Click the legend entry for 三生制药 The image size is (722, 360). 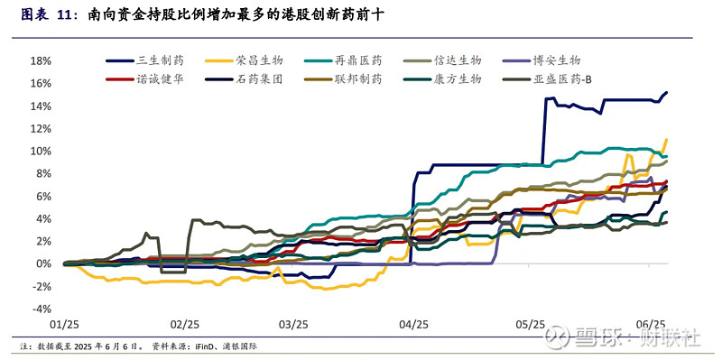(161, 60)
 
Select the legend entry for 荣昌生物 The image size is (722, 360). (260, 60)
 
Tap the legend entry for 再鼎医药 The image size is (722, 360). (358, 60)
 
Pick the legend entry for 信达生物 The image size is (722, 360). (458, 60)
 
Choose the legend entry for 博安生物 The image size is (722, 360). (557, 60)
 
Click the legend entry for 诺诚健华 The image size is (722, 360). (161, 79)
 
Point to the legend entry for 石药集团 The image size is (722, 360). (260, 79)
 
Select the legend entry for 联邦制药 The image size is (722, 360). (358, 79)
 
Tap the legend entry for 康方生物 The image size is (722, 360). (458, 79)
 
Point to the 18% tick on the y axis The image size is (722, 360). (42, 60)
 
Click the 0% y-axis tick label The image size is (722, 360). (44, 264)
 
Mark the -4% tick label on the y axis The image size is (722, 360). (42, 309)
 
